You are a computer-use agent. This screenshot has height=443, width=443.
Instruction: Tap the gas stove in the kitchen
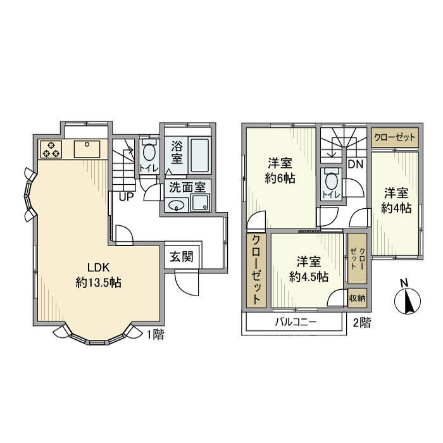pyautogui.click(x=51, y=150)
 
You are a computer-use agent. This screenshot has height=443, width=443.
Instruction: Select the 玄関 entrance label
pyautogui.click(x=182, y=258)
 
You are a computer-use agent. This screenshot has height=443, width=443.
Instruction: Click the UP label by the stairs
pyautogui.click(x=126, y=196)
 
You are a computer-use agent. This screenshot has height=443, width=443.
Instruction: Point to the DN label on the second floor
pyautogui.click(x=355, y=164)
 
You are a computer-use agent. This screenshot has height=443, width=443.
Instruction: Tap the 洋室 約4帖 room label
pyautogui.click(x=396, y=199)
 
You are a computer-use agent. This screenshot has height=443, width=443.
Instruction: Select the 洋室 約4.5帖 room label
pyautogui.click(x=309, y=269)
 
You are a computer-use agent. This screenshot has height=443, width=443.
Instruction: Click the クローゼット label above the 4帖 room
pyautogui.click(x=396, y=137)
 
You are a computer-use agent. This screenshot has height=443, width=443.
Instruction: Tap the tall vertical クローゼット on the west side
pyautogui.click(x=257, y=270)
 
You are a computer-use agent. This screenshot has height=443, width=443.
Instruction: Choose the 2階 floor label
pyautogui.click(x=361, y=322)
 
